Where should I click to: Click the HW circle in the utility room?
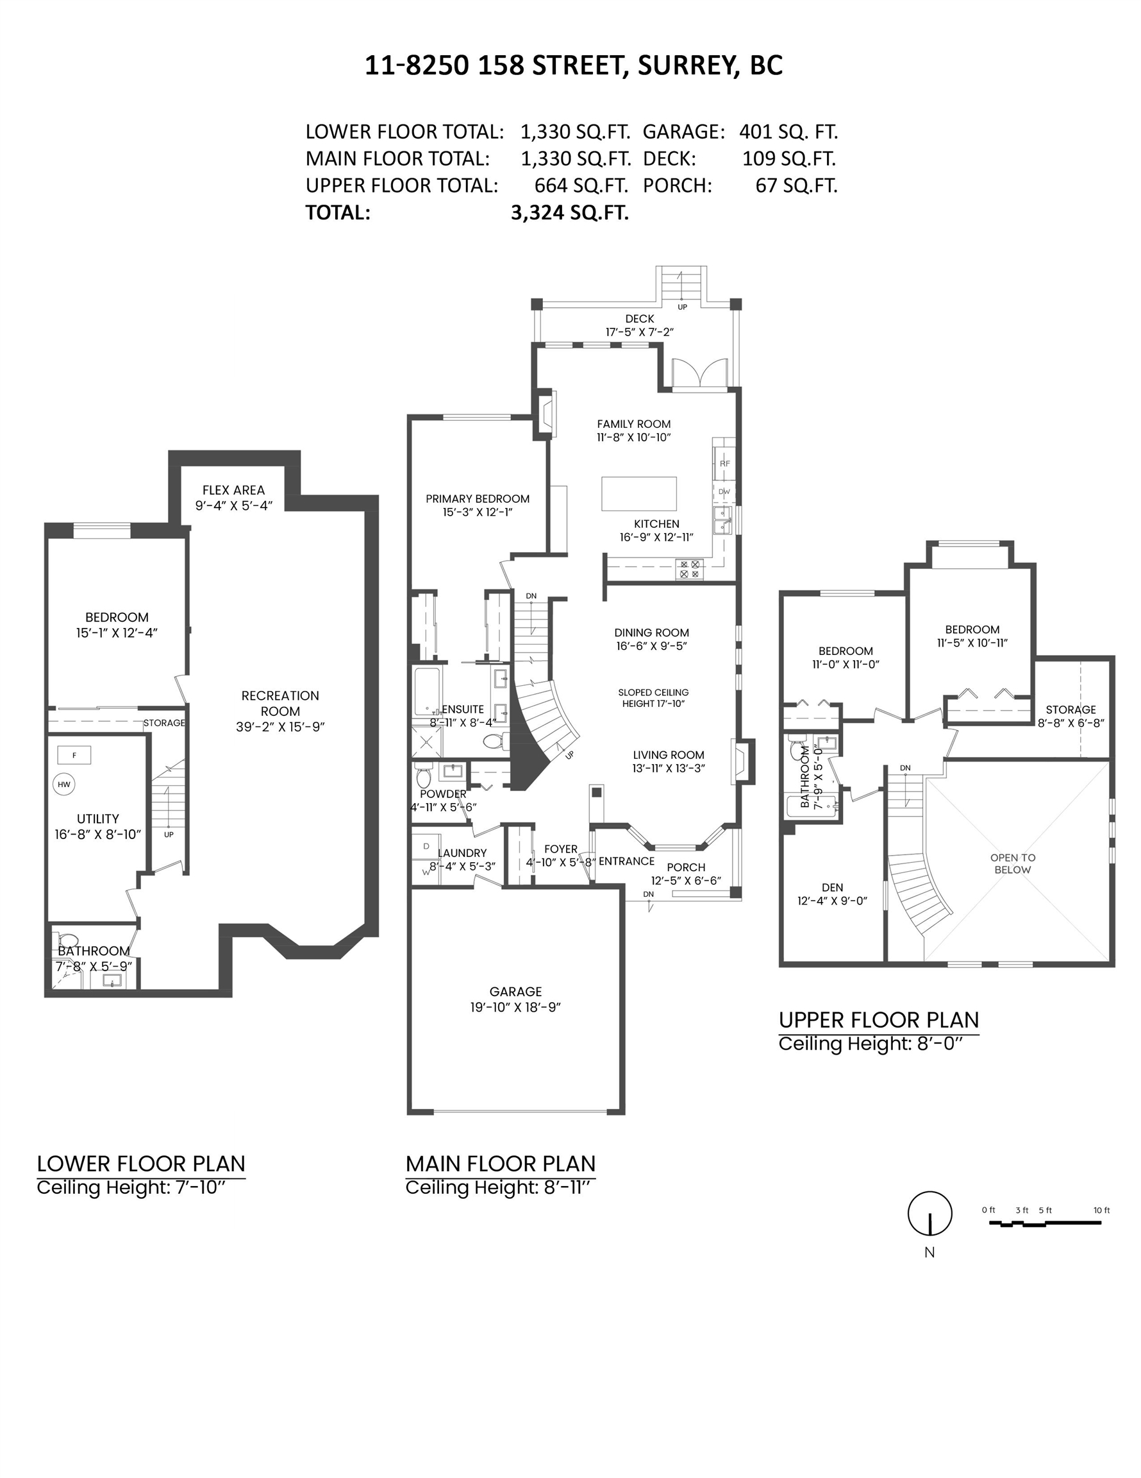(63, 785)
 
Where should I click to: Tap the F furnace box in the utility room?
(74, 754)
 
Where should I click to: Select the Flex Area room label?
(233, 490)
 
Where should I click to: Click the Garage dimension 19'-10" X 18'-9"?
(515, 1007)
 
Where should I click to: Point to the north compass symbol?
(929, 1214)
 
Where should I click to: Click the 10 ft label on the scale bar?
(1101, 1210)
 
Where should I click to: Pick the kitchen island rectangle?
(638, 493)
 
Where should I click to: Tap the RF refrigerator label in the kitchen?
(724, 464)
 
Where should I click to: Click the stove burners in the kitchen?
(690, 568)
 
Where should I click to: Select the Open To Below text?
(1013, 863)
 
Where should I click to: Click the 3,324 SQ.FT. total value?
(569, 212)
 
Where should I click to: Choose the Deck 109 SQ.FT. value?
(788, 158)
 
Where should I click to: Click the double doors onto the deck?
(699, 373)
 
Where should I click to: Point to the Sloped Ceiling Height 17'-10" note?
(653, 698)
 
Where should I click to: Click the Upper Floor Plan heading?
(878, 1019)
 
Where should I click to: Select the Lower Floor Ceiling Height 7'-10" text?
(131, 1187)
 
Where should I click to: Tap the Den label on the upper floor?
(832, 887)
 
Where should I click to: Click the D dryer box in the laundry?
(426, 846)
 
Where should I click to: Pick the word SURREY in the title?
(686, 65)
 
